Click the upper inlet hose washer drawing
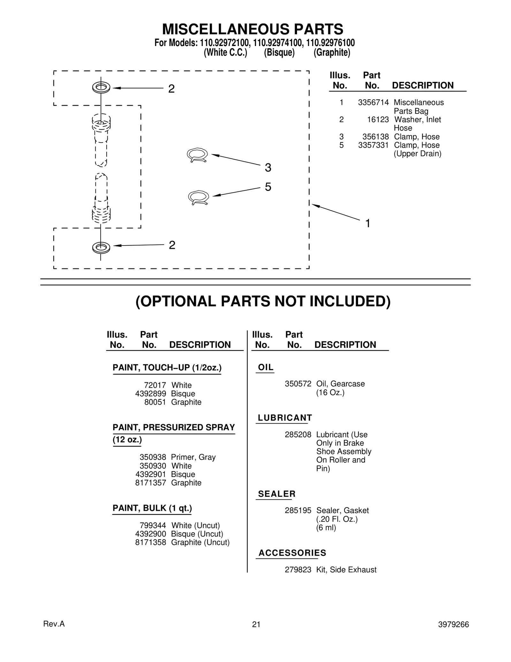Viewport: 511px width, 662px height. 101,87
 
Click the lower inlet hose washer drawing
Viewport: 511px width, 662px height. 101,247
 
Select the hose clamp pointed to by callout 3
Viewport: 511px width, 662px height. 197,155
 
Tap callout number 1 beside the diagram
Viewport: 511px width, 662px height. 368,223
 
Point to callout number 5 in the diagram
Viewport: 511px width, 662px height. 268,187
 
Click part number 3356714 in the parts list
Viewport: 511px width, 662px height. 373,103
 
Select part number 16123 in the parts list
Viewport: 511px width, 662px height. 378,120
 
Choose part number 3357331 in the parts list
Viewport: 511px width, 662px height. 373,145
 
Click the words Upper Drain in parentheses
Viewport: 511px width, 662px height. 417,154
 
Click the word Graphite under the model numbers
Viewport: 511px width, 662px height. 332,52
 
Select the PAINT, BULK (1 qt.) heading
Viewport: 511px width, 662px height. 152,508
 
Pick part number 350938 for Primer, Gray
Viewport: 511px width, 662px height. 153,457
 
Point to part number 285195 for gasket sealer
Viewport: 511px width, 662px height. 298,510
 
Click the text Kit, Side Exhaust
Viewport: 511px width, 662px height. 346,570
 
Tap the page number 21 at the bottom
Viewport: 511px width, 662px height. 256,624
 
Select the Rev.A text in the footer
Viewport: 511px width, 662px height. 54,624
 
